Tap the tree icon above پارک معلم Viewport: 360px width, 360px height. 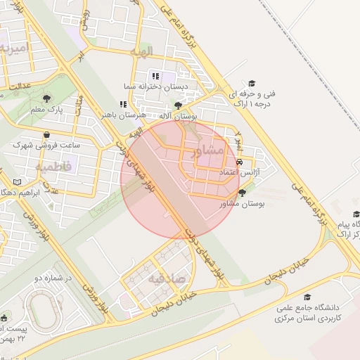pos(47,98)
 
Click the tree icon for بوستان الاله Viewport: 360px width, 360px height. pos(177,105)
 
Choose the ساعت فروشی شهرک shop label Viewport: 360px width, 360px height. pos(47,145)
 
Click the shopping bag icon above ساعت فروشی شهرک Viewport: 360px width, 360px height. pos(46,134)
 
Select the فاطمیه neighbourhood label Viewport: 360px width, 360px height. pos(53,167)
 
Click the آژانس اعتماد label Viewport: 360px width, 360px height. pos(240,172)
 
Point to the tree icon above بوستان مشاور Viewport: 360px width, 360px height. pos(243,193)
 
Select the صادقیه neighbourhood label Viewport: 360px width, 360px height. pos(166,278)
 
